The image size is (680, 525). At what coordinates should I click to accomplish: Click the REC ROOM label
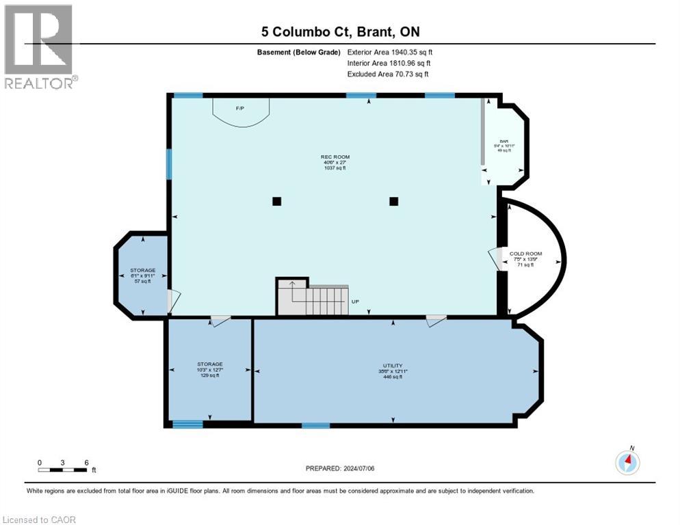click(x=335, y=162)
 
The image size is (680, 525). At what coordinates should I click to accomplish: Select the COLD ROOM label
click(x=525, y=259)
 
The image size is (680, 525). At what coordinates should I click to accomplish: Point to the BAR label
click(x=503, y=146)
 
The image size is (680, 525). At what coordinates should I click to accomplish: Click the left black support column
click(x=276, y=201)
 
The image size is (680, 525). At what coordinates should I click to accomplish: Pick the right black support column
click(x=394, y=201)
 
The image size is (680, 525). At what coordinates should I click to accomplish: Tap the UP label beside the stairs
click(x=354, y=301)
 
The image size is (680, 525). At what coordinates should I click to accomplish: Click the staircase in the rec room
click(x=312, y=298)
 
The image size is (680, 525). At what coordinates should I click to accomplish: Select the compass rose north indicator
click(x=627, y=462)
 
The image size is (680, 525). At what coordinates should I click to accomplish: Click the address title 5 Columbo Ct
click(x=340, y=31)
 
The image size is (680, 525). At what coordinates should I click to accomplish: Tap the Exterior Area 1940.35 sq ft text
click(x=390, y=52)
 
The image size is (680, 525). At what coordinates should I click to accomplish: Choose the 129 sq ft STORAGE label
click(x=210, y=370)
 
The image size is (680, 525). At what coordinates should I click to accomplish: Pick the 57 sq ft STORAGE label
click(x=143, y=275)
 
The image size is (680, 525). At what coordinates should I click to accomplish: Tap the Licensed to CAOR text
click(x=40, y=520)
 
